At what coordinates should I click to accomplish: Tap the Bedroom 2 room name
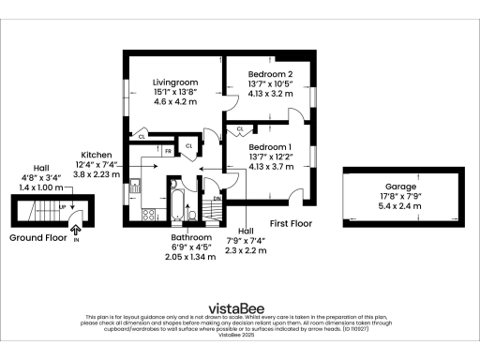tap(271, 74)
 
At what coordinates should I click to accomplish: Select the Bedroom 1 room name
tap(271, 146)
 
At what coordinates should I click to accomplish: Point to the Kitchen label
tap(97, 155)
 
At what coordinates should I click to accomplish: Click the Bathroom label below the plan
tap(190, 238)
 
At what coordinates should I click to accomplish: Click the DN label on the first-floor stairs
tap(217, 199)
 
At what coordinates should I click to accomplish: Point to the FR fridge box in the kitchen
tap(169, 151)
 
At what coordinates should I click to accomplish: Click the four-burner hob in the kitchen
tap(148, 215)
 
